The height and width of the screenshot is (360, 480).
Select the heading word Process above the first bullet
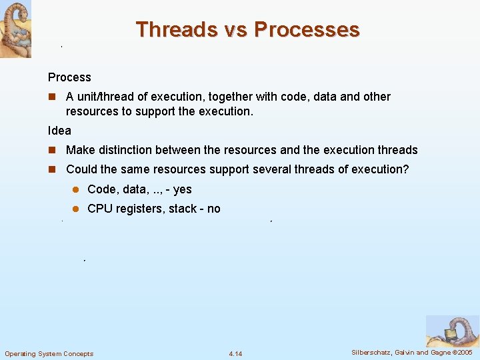pyautogui.click(x=69, y=77)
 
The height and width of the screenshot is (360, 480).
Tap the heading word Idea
pyautogui.click(x=59, y=130)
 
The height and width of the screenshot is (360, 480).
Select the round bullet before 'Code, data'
pyautogui.click(x=76, y=190)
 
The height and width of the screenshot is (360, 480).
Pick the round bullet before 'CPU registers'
pyautogui.click(x=76, y=209)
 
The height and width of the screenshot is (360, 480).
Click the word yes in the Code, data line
pyautogui.click(x=182, y=189)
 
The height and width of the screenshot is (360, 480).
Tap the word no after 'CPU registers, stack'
pyautogui.click(x=213, y=209)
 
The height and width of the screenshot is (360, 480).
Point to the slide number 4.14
pyautogui.click(x=235, y=353)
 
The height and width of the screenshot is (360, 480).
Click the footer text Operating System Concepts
pyautogui.click(x=49, y=353)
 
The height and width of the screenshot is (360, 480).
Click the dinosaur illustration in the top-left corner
pyautogui.click(x=15, y=29)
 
